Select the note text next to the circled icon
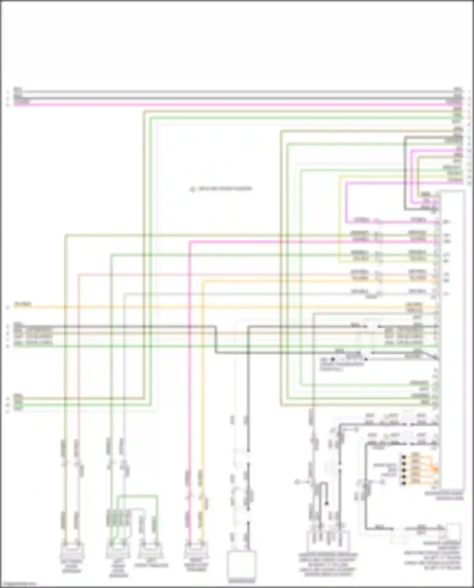(x=225, y=189)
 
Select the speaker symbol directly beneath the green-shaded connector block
(x=117, y=551)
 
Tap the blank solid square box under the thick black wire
(x=242, y=566)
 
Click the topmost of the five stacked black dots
(x=403, y=457)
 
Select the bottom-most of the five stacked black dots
(x=403, y=483)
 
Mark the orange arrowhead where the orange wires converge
(x=435, y=470)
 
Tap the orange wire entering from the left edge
(x=95, y=307)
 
